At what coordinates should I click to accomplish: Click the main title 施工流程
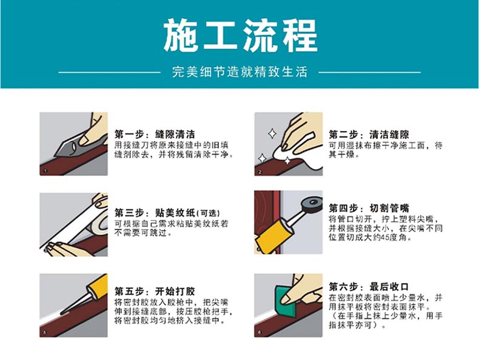tap(241, 35)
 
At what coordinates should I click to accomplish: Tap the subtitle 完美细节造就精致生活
tap(239, 72)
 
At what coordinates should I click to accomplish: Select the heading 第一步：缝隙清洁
tap(155, 134)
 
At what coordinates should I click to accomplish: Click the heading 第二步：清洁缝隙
tap(369, 135)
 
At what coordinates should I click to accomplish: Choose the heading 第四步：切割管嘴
tap(369, 208)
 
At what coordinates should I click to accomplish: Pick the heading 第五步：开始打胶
tap(155, 292)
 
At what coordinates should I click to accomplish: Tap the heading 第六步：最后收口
tap(369, 287)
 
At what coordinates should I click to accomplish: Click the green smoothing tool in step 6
tap(286, 301)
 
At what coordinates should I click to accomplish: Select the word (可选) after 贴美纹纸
tap(209, 213)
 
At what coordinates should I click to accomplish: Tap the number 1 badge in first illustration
tap(45, 171)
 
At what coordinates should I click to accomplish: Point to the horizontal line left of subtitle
tap(109, 72)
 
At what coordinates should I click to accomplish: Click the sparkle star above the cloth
tap(272, 134)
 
